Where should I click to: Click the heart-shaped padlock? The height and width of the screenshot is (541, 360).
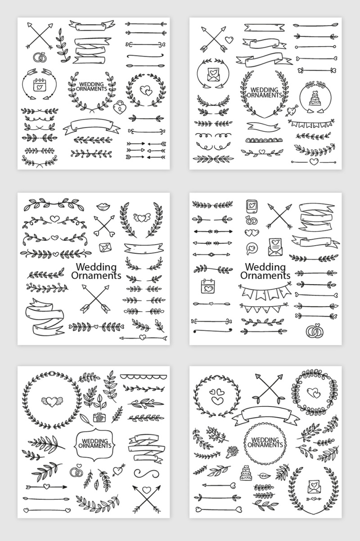coord(120,107)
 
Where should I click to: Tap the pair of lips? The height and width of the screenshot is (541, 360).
coord(103,206)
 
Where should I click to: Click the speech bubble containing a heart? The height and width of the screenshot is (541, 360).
coord(252,248)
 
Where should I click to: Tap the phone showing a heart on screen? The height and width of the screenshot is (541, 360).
coord(252,206)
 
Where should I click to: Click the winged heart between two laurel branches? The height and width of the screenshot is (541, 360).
coord(142,217)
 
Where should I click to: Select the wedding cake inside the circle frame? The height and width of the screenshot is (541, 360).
coord(315,98)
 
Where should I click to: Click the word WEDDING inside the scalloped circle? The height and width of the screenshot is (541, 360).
coord(265,440)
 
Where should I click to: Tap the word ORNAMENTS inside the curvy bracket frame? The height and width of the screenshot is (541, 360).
coord(95,446)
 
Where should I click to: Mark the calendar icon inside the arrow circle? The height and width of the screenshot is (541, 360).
coord(40,84)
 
